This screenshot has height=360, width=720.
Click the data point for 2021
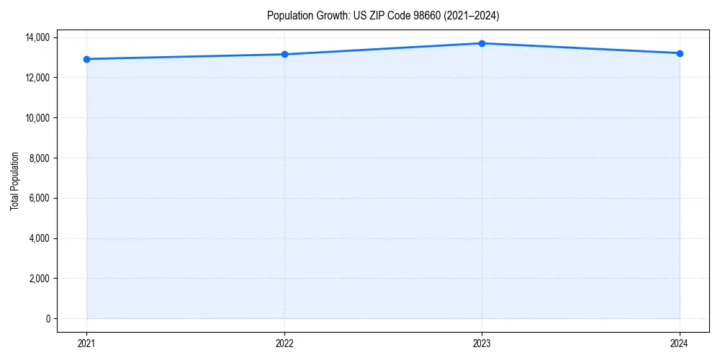(x=86, y=59)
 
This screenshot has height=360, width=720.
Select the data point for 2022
(x=284, y=54)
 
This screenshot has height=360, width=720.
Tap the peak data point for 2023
(x=482, y=43)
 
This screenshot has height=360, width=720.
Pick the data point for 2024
(x=680, y=53)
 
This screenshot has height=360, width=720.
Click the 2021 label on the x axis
(x=86, y=343)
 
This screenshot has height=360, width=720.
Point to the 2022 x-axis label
(x=284, y=343)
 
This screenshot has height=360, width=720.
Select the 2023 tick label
(x=482, y=343)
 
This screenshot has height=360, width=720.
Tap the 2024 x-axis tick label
(x=680, y=343)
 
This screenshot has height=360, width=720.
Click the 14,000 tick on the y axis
(x=37, y=37)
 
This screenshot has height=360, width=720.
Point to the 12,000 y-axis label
(x=37, y=78)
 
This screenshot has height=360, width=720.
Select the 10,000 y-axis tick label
(x=37, y=118)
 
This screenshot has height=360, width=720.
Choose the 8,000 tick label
(x=39, y=158)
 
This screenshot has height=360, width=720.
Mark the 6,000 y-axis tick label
(x=39, y=198)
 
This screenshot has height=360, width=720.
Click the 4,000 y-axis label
(x=39, y=238)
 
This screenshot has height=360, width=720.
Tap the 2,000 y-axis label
(x=39, y=279)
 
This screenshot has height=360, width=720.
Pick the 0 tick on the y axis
(x=48, y=319)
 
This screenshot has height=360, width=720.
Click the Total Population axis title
(x=14, y=181)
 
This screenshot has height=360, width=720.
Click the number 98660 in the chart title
(x=430, y=15)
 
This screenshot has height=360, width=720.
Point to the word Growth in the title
(x=332, y=15)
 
